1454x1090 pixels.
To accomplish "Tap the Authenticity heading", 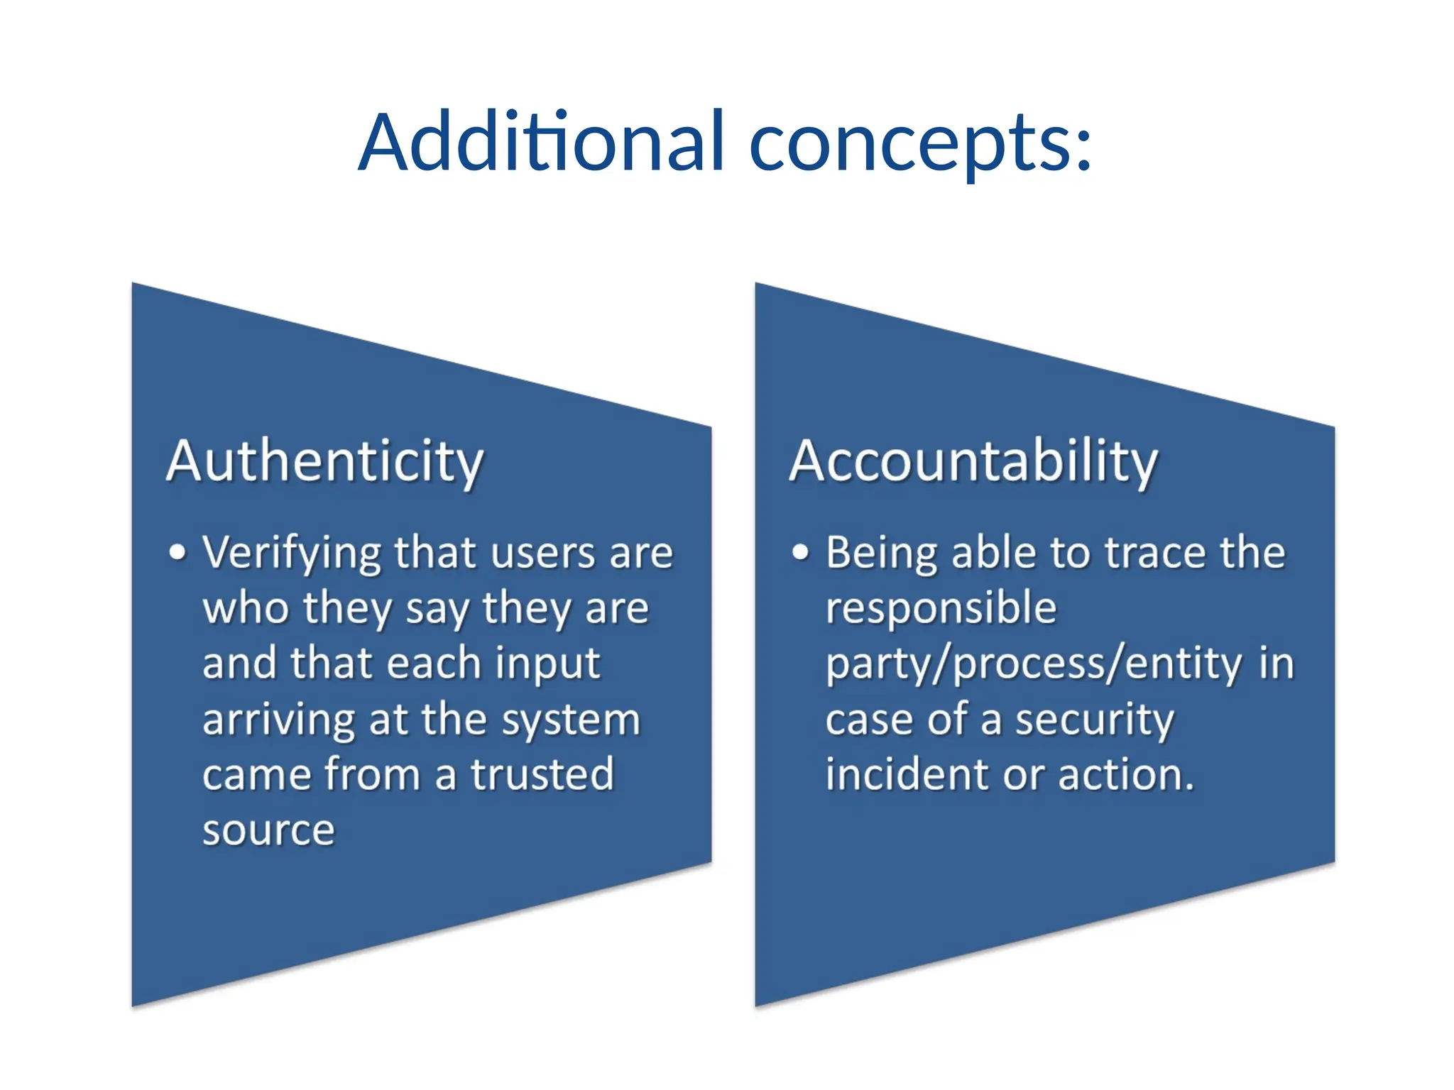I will (x=324, y=462).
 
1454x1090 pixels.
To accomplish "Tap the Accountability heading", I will (x=973, y=462).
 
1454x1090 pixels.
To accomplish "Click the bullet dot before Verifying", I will (x=177, y=552).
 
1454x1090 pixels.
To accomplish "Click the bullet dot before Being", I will (x=800, y=552).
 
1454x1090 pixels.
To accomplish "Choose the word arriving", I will (x=278, y=721).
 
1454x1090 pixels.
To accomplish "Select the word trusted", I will (x=542, y=774).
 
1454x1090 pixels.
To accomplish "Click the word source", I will (x=268, y=830).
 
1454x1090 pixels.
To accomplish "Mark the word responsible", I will (x=941, y=610).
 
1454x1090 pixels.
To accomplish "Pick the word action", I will (x=1125, y=774).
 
